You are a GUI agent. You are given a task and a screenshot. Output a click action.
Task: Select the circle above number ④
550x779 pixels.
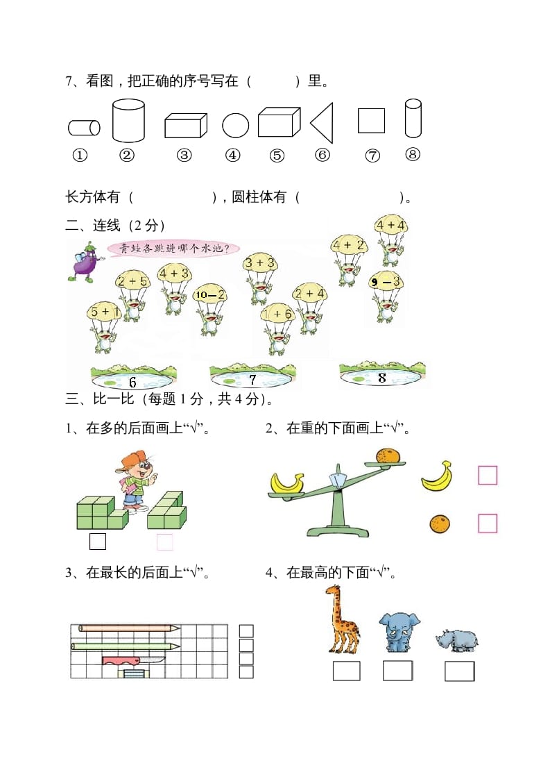pyautogui.click(x=236, y=126)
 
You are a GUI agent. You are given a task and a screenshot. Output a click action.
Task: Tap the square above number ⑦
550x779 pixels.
pyautogui.click(x=371, y=120)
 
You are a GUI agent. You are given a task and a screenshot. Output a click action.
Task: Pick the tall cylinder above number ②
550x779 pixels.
pyautogui.click(x=128, y=120)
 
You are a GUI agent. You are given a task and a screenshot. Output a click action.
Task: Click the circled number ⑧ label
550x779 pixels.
pyautogui.click(x=412, y=155)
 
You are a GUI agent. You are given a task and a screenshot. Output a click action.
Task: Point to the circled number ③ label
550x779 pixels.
pyautogui.click(x=184, y=156)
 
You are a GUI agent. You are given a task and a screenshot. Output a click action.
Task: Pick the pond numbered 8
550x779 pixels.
pyautogui.click(x=382, y=376)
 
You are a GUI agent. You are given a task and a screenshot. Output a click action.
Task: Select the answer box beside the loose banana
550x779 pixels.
pyautogui.click(x=488, y=476)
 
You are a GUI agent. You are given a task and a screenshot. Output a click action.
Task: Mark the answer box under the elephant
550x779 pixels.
pyautogui.click(x=397, y=671)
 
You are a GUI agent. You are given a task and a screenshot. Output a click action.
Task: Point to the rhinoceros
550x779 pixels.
pyautogui.click(x=457, y=639)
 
